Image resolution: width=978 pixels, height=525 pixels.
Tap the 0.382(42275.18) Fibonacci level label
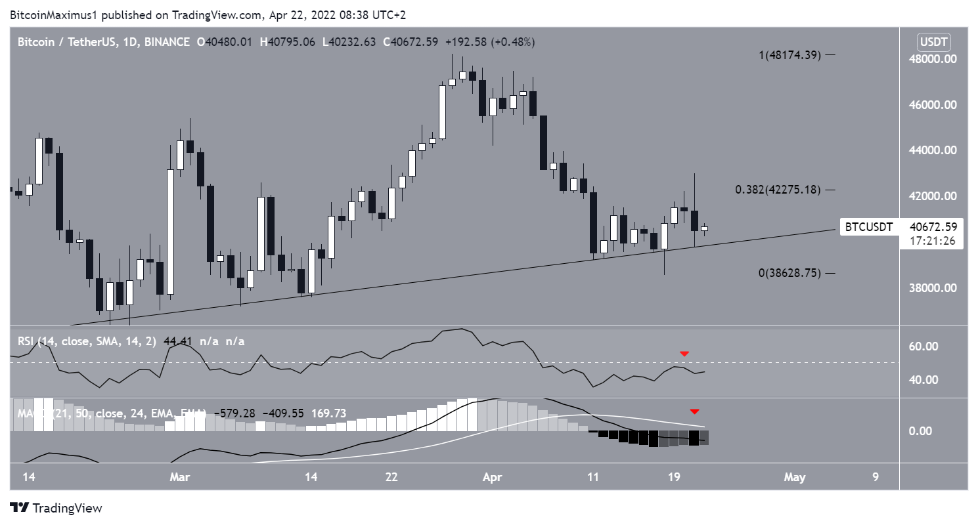pyautogui.click(x=778, y=190)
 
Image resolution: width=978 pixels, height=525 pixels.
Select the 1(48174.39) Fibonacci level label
pyautogui.click(x=784, y=56)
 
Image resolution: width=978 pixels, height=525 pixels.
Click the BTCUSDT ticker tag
pyautogui.click(x=868, y=228)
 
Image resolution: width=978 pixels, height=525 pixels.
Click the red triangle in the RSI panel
pyautogui.click(x=684, y=354)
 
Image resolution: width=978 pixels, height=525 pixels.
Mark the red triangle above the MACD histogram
pyautogui.click(x=694, y=411)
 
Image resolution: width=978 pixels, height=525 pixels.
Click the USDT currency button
pyautogui.click(x=933, y=42)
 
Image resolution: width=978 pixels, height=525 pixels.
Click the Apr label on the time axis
pyautogui.click(x=492, y=477)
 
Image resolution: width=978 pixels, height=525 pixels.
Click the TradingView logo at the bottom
pyautogui.click(x=56, y=508)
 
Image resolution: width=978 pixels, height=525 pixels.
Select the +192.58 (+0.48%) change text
pyautogui.click(x=490, y=42)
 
